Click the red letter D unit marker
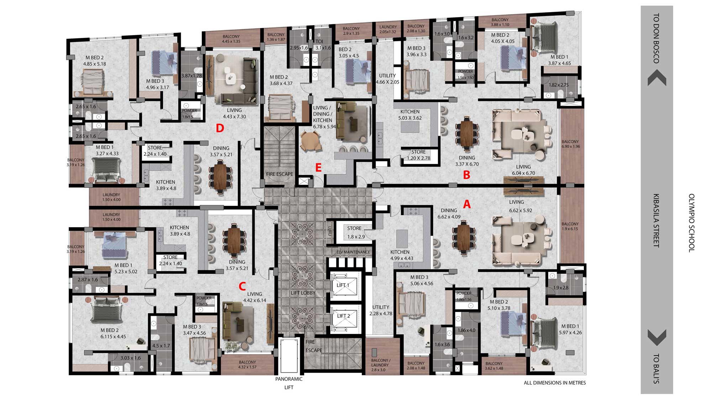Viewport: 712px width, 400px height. (220, 128)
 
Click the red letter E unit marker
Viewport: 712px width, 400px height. (318, 167)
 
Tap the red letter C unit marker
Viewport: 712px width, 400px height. (242, 286)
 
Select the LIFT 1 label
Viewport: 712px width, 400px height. (343, 285)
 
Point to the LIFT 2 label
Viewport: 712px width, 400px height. (344, 316)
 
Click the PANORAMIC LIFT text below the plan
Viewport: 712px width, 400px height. (289, 383)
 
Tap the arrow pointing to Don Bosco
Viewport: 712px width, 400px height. (657, 78)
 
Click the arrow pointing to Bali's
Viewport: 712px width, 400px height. (657, 338)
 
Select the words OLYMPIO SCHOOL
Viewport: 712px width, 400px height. (691, 223)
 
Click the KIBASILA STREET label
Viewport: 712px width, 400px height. (656, 220)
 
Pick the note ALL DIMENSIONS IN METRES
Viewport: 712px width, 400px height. (555, 383)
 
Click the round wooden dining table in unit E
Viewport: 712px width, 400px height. (310, 141)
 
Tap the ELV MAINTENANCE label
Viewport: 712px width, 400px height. (353, 252)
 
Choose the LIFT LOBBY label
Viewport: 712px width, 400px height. (303, 293)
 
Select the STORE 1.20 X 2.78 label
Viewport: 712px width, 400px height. (419, 155)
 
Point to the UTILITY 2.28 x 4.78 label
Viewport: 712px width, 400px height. (381, 310)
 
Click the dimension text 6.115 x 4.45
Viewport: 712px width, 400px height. (113, 337)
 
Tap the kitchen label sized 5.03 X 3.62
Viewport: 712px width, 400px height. (410, 115)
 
